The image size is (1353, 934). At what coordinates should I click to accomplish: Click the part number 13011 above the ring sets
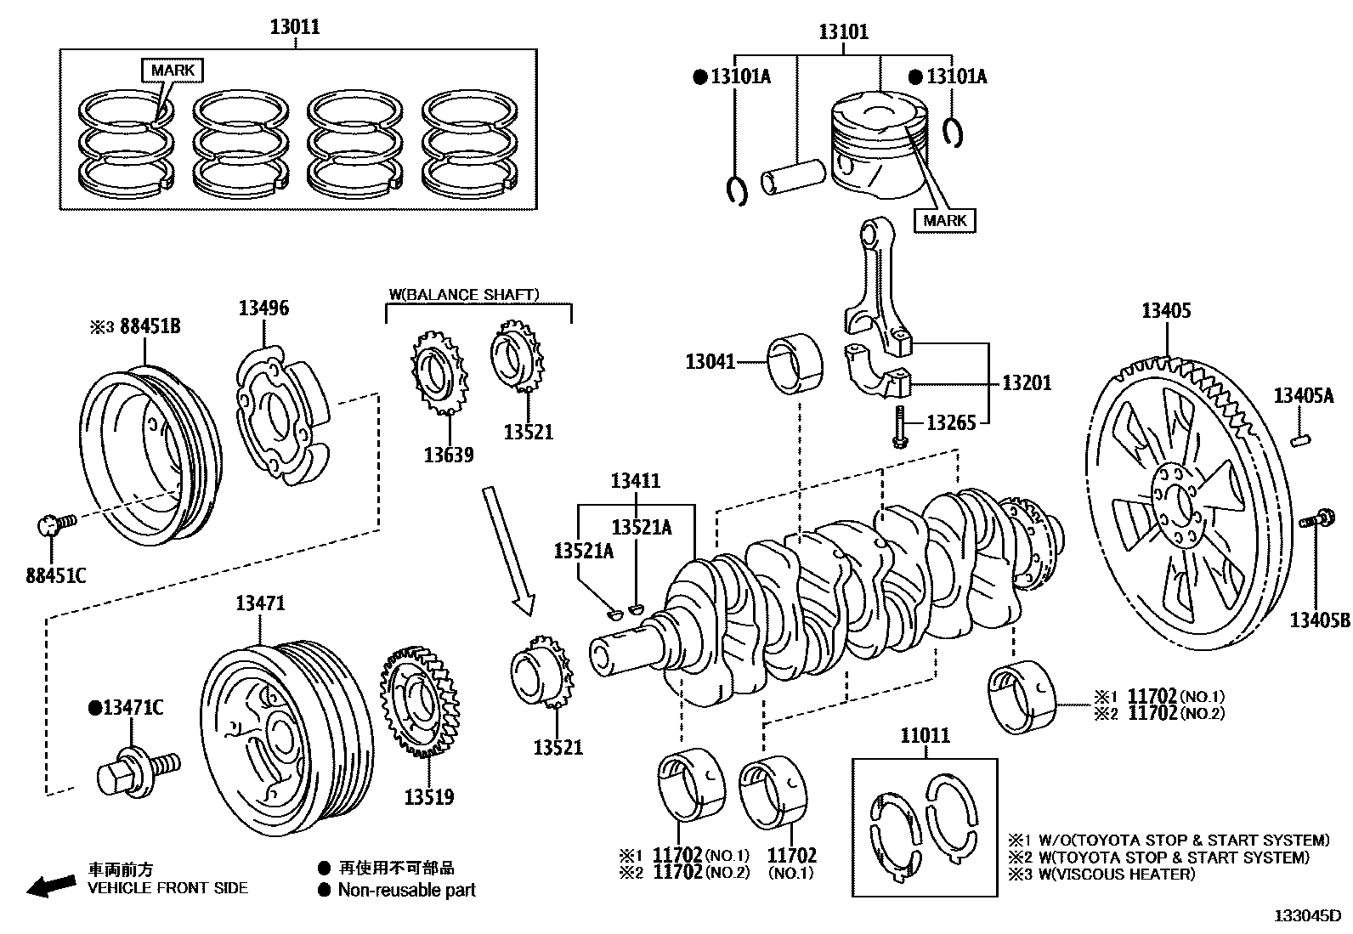295,26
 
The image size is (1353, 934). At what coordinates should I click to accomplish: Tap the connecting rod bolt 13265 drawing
898,424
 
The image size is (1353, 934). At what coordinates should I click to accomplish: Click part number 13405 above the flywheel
1166,310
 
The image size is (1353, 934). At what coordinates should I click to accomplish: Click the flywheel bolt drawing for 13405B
1317,516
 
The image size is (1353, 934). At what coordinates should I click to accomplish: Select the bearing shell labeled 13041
795,365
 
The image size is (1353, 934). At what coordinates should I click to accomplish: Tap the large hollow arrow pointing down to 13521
508,548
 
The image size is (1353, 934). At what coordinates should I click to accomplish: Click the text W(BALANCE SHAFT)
464,295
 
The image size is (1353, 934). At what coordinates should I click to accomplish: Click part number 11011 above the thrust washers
925,736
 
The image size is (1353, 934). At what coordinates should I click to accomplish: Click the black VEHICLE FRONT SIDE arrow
51,886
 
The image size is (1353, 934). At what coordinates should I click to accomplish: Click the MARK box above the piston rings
173,70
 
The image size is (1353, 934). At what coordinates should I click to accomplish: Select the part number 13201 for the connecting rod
1027,382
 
